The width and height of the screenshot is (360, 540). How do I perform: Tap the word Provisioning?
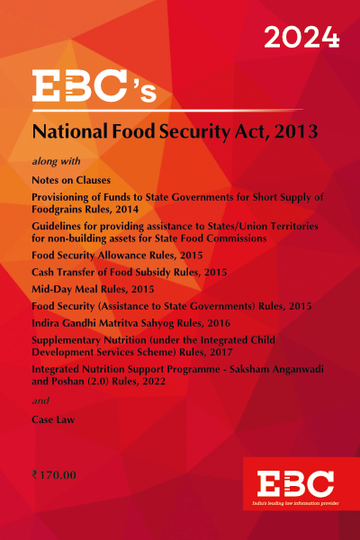click(71, 198)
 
